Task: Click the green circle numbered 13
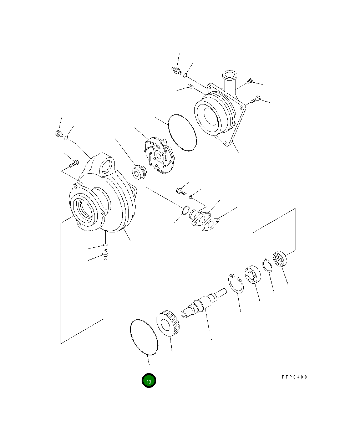click(149, 381)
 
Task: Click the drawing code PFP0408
click(294, 377)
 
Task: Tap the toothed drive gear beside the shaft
click(168, 323)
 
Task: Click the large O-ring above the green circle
click(143, 337)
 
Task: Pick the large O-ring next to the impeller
click(182, 133)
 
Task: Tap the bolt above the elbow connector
click(181, 192)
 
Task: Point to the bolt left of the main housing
click(73, 165)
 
